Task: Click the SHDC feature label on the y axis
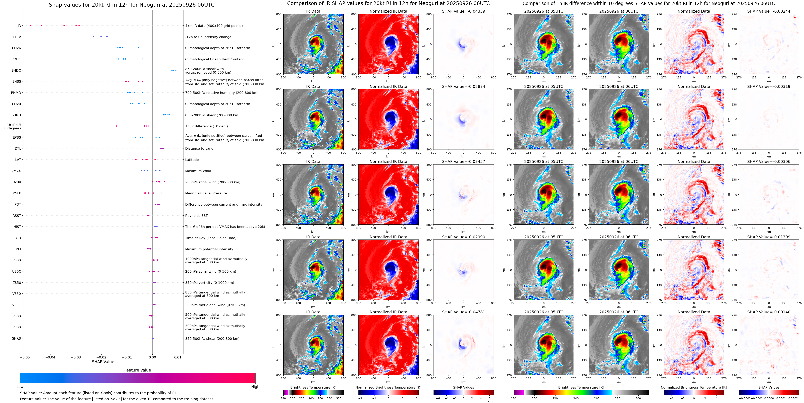click(x=16, y=70)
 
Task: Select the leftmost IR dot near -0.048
click(x=30, y=25)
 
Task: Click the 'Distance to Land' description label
click(x=199, y=148)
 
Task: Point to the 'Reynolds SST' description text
click(x=196, y=216)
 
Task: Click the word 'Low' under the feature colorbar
click(x=20, y=387)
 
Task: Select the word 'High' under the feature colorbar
click(x=255, y=387)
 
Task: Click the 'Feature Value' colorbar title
click(x=137, y=370)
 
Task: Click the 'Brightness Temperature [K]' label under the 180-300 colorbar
click(x=313, y=387)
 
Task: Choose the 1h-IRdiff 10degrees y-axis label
click(x=12, y=126)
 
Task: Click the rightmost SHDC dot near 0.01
click(x=176, y=70)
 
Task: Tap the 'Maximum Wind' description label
click(x=198, y=171)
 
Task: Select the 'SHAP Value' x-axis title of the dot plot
click(x=103, y=362)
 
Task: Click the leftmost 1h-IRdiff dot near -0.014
click(x=117, y=126)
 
